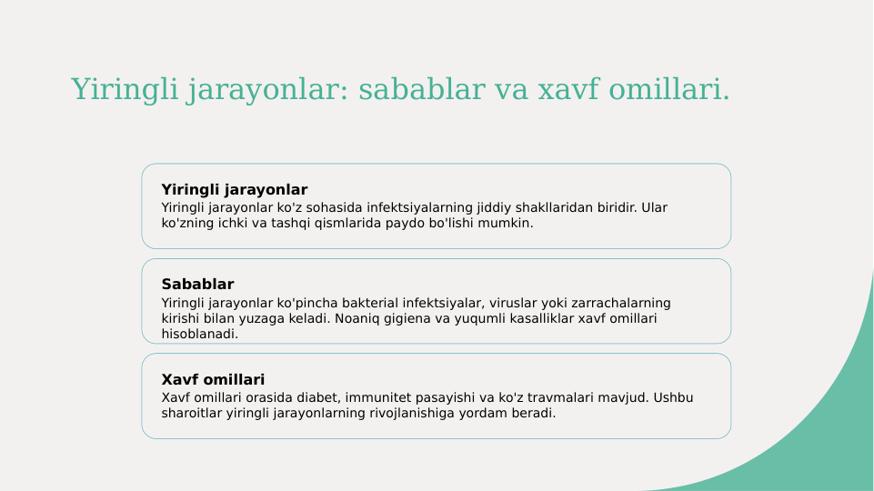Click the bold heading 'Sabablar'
tap(197, 285)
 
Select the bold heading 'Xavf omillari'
tap(213, 379)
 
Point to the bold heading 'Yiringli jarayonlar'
tap(235, 190)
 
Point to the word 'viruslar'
tap(517, 303)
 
